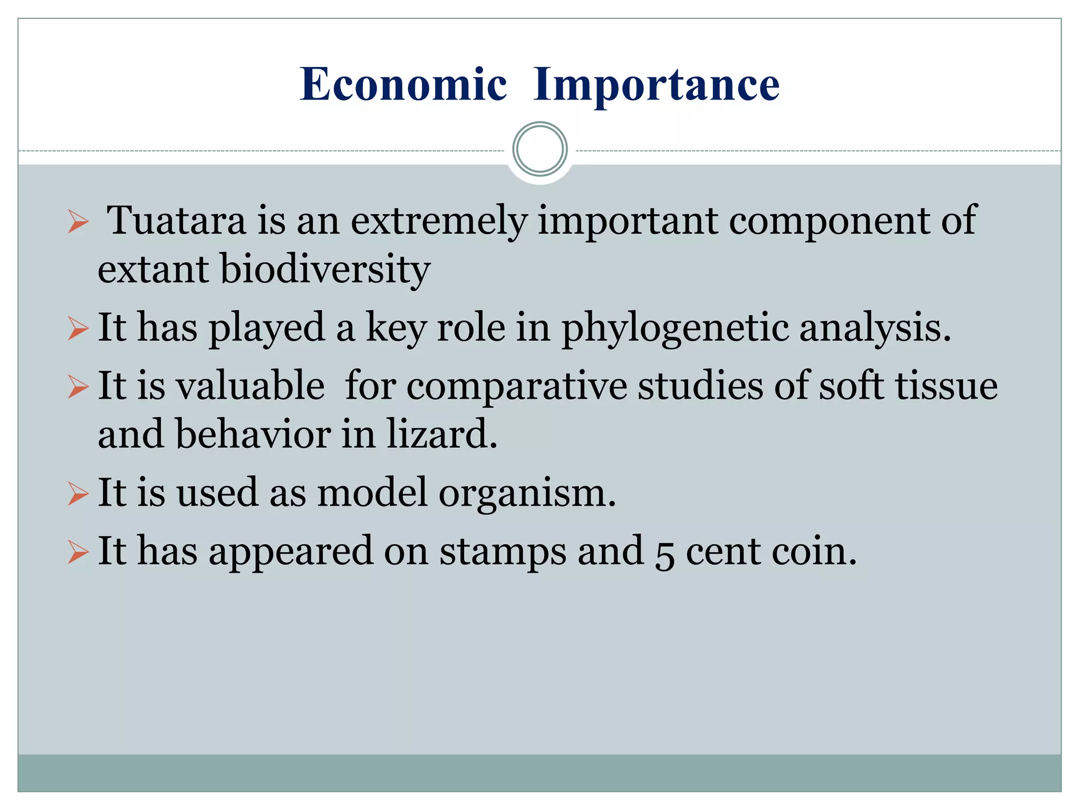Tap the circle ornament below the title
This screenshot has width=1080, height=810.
pyautogui.click(x=539, y=149)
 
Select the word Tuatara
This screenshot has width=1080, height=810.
pyautogui.click(x=176, y=220)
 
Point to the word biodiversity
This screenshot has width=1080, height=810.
pyautogui.click(x=325, y=269)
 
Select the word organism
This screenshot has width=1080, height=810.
pyautogui.click(x=527, y=493)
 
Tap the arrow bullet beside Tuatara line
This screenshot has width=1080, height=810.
pyautogui.click(x=78, y=221)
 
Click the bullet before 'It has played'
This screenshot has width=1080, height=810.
pyautogui.click(x=78, y=329)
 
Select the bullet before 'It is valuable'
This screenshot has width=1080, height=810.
pyautogui.click(x=78, y=388)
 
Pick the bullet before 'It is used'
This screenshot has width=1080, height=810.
pyautogui.click(x=78, y=495)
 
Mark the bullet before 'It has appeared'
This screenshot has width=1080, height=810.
pyautogui.click(x=78, y=553)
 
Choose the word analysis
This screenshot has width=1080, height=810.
pyautogui.click(x=875, y=328)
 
